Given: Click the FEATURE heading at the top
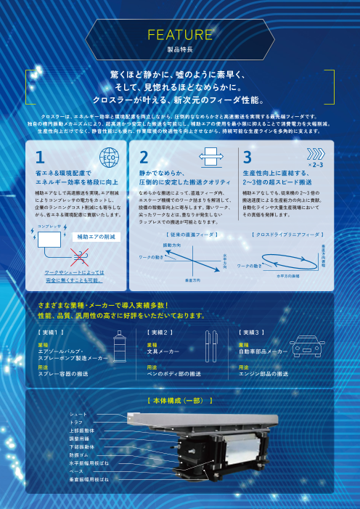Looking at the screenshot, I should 179,35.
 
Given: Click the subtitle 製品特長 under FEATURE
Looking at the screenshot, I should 179,51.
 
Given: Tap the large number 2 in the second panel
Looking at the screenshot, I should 144,157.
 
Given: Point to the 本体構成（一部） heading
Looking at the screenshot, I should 179,400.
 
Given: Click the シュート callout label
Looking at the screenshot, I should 77,415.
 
